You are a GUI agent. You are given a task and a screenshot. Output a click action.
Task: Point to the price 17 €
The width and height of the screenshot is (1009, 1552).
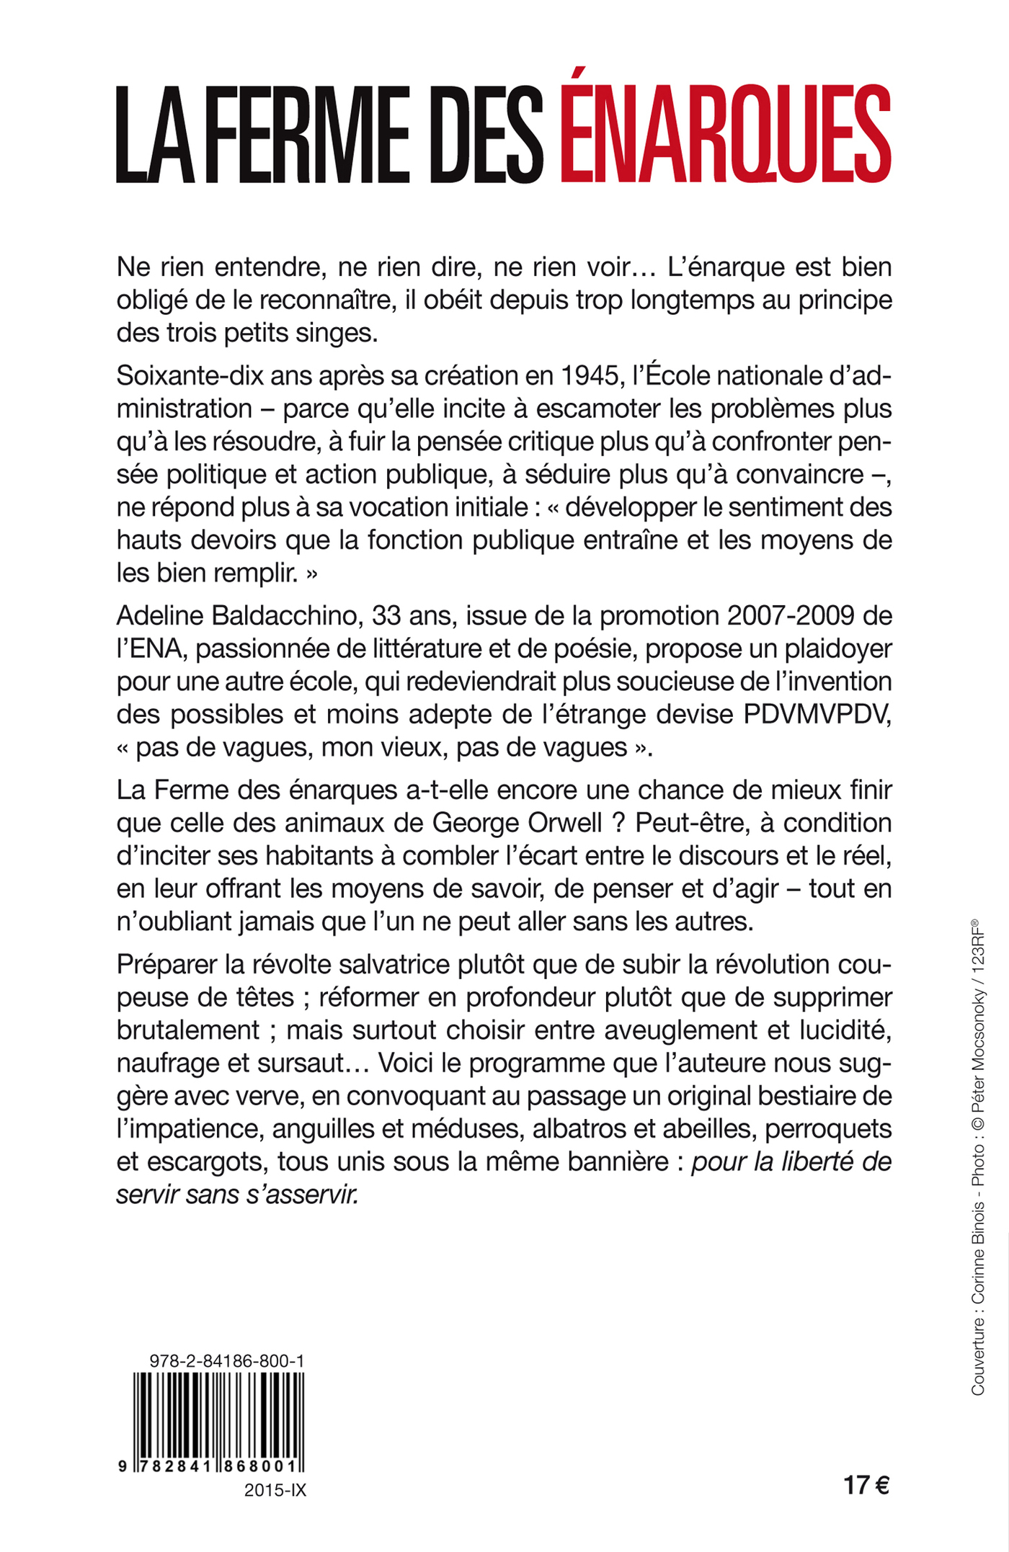(866, 1485)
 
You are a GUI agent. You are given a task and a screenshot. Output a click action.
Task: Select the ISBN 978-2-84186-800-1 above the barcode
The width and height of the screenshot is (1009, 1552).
(226, 1360)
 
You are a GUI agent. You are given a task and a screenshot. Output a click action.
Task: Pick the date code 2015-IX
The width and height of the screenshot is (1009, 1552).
(275, 1490)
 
